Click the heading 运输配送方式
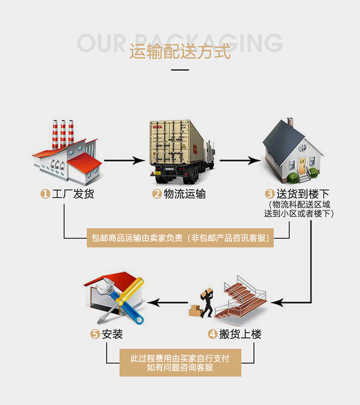(180, 51)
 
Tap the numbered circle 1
(45, 194)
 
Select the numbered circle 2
(157, 194)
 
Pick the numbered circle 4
(212, 334)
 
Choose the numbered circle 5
(95, 334)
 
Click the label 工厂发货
(73, 194)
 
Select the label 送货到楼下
(303, 194)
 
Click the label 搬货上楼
(241, 334)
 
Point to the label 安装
(113, 334)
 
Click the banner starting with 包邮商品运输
(180, 238)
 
